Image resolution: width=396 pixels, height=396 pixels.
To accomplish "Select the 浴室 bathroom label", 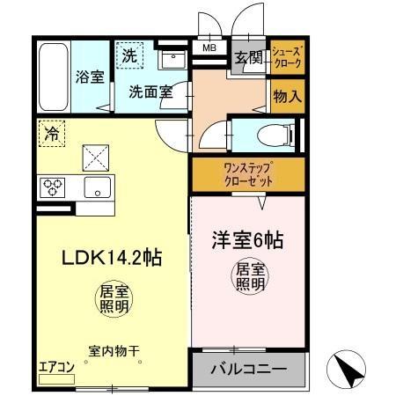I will (x=89, y=77).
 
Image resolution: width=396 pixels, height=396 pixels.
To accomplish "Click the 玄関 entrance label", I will (x=248, y=59).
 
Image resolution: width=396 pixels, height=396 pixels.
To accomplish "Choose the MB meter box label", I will (x=210, y=49).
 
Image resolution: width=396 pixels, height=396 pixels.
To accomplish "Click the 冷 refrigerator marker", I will (x=50, y=136).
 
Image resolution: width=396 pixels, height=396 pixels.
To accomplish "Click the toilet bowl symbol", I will (x=269, y=134).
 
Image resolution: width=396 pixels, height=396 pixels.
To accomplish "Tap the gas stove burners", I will (x=52, y=187).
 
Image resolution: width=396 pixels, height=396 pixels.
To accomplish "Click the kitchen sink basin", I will (x=96, y=187).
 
